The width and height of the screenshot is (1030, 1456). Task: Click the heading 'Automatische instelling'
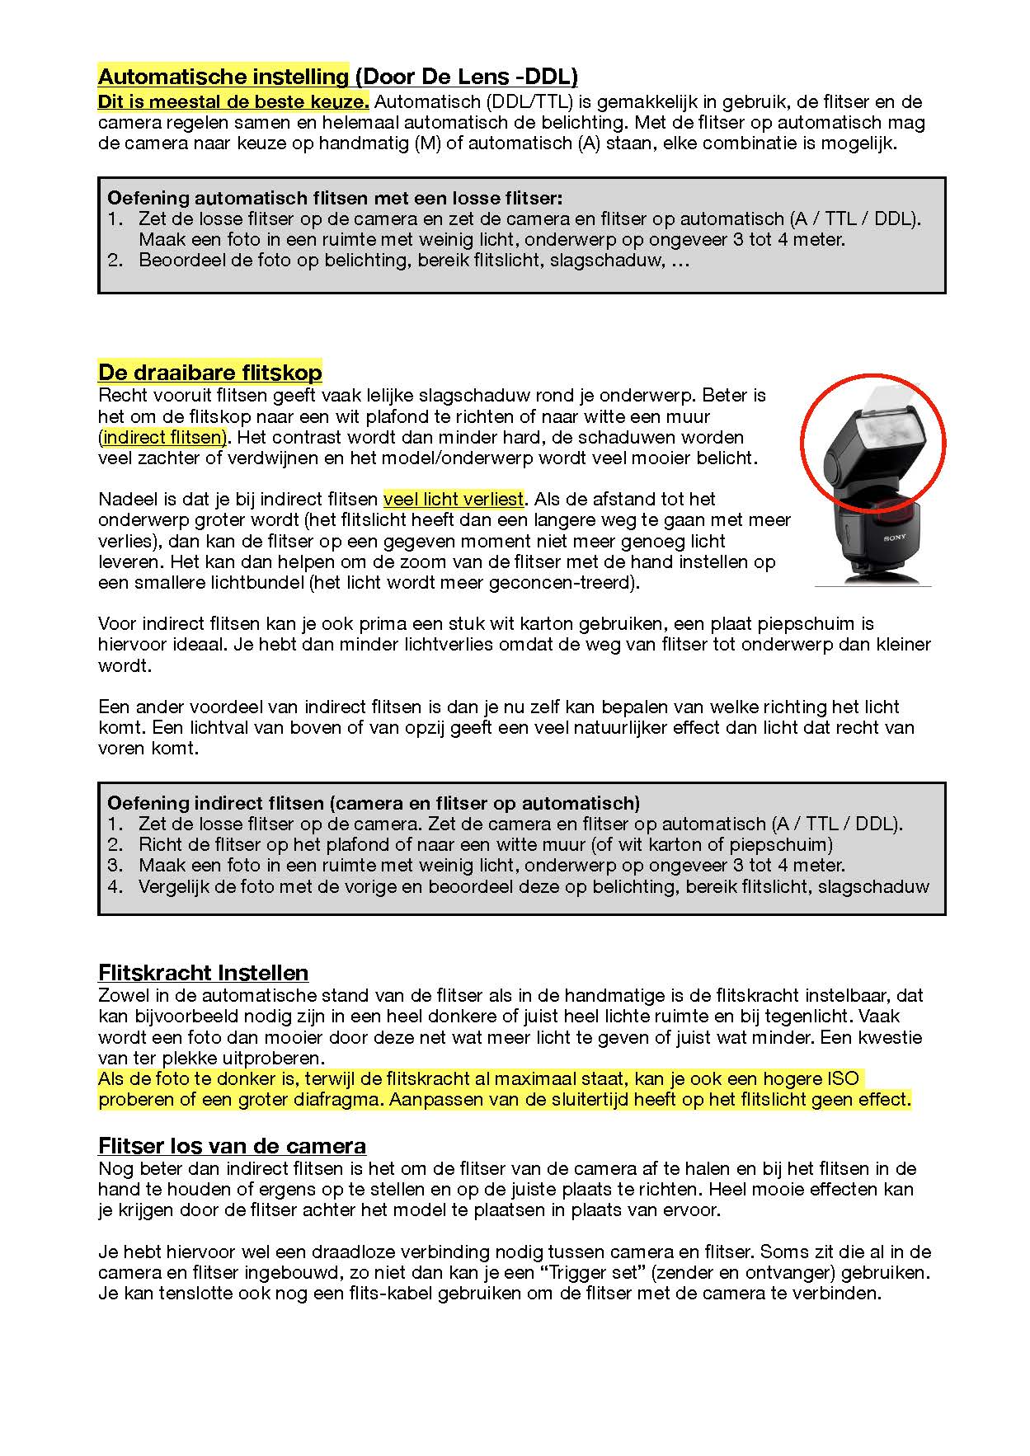(x=223, y=77)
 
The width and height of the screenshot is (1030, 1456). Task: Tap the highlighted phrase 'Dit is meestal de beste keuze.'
(x=233, y=102)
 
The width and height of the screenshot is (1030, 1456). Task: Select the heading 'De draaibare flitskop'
(x=209, y=372)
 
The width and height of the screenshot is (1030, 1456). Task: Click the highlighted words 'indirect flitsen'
(x=164, y=437)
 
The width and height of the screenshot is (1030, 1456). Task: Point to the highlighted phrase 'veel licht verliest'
(x=454, y=499)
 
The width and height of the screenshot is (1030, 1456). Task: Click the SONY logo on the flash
(x=896, y=538)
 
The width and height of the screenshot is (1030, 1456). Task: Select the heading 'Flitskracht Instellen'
(x=203, y=973)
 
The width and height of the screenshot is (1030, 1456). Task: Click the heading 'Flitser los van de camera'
(x=232, y=1146)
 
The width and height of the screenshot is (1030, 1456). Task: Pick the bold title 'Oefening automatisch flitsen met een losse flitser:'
(x=335, y=198)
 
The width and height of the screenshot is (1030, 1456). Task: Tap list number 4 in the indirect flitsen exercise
(x=115, y=887)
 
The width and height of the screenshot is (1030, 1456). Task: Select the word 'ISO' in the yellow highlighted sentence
(x=843, y=1078)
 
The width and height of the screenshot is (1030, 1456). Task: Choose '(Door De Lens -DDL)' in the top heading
(x=466, y=77)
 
